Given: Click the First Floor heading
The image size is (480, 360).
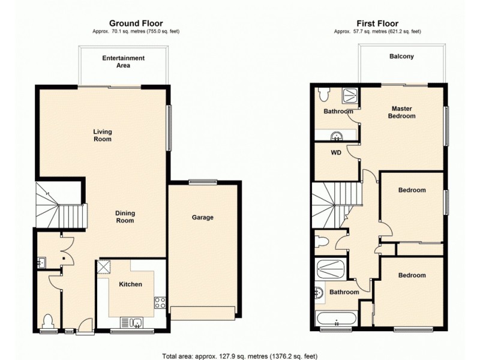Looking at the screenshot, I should tap(377, 23).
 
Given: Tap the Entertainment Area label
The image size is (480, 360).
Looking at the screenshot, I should tap(123, 62).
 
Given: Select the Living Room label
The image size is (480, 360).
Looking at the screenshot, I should tap(102, 135).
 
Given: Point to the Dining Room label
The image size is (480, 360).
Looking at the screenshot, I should tap(125, 217).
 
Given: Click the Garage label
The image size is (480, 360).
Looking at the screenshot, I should tap(203, 217).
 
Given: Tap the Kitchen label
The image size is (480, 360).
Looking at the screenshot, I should tap(130, 284).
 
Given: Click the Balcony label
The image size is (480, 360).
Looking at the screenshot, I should tap(402, 57).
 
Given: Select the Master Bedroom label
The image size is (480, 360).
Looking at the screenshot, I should tap(401, 112).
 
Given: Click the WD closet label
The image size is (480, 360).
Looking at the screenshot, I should tap(336, 153).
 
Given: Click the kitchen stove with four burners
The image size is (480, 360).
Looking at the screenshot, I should tap(160, 303).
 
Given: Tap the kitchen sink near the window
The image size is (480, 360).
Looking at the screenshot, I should tap(137, 323).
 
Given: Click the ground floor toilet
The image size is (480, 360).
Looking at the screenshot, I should tap(49, 322).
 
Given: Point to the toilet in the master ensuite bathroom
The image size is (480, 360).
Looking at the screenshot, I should tap(323, 94).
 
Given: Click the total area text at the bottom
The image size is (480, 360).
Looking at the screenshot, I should tap(239, 354).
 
